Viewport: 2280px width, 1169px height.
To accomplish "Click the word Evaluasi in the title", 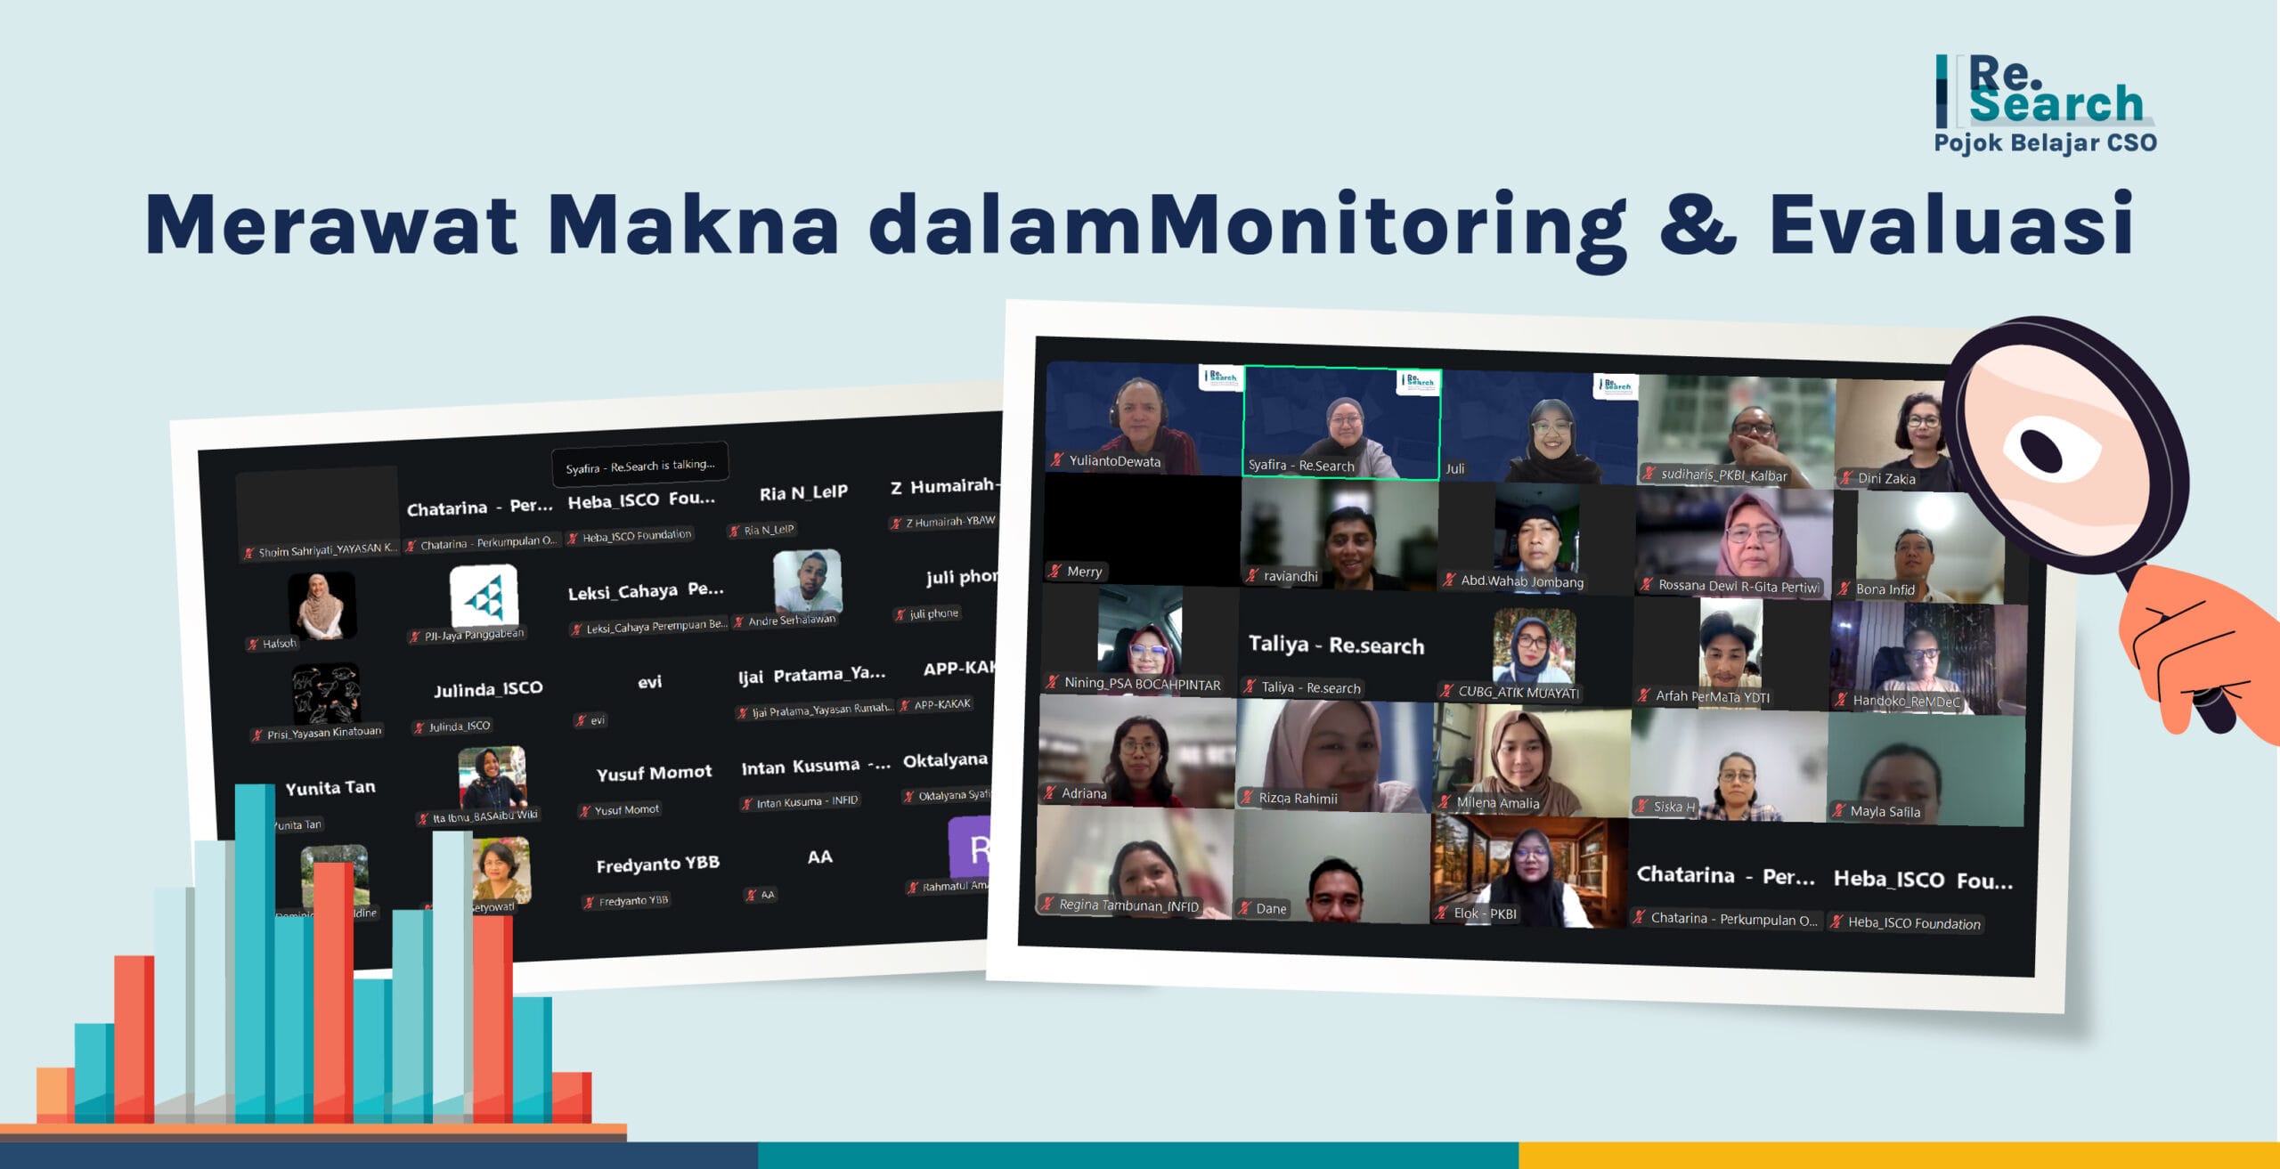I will [x=1950, y=224].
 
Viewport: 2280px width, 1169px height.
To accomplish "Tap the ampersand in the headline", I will [x=1697, y=224].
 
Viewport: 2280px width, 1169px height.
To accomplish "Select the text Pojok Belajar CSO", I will [x=2045, y=143].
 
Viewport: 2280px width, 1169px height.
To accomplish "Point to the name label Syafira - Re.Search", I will [x=1300, y=466].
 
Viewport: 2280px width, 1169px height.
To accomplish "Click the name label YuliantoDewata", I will [x=1113, y=461].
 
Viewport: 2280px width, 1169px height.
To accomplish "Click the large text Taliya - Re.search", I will [x=1336, y=645].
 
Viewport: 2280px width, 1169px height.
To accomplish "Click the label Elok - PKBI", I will [x=1484, y=913].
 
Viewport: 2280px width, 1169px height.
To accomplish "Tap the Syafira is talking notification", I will [x=639, y=466].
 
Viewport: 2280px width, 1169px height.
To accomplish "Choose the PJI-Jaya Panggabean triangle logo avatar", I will [x=484, y=597].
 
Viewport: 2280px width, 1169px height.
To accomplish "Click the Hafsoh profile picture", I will [x=322, y=605].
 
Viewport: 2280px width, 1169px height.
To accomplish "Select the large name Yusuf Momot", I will [x=654, y=773].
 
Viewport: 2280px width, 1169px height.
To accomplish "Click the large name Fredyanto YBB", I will [x=657, y=865].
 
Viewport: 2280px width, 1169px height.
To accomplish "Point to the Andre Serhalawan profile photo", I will [x=807, y=581].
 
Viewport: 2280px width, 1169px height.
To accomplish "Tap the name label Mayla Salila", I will [x=1884, y=812].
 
